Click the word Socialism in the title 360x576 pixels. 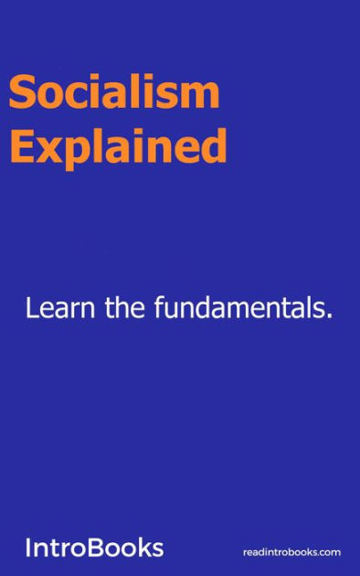[x=113, y=93]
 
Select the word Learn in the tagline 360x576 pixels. [x=58, y=309]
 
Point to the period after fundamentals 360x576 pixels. [x=328, y=317]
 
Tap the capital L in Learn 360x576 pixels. [x=33, y=309]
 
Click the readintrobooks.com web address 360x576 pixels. [x=291, y=552]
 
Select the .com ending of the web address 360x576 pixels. [x=329, y=552]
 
